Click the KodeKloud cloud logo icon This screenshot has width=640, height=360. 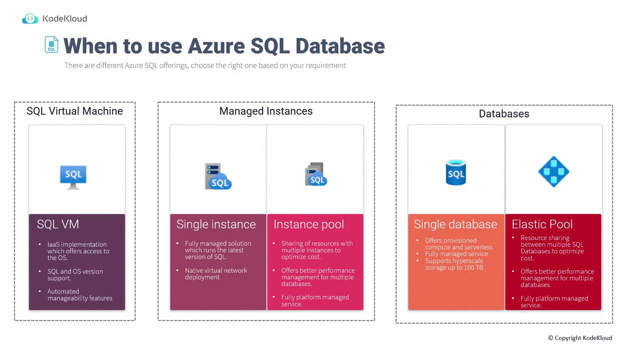point(30,18)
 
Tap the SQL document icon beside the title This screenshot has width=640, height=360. point(51,44)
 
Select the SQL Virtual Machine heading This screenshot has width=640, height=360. point(74,111)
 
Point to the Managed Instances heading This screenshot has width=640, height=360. point(265,111)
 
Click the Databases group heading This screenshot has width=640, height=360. point(504,113)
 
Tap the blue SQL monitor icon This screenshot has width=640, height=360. point(73,177)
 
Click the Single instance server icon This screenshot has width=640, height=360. point(218,176)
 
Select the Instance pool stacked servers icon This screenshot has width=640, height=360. point(315,174)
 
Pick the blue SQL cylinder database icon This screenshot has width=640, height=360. point(455,172)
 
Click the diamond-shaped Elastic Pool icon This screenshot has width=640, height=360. point(553,171)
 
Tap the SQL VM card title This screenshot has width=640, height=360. point(57,224)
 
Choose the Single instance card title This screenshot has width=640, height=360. point(216,224)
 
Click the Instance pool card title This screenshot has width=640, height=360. point(309,224)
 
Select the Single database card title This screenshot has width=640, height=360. point(455,224)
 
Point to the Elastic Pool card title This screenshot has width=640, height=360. point(542,224)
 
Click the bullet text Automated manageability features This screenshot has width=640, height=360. point(79,295)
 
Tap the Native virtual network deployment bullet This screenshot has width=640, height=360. point(215,273)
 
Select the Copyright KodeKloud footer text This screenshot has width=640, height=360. point(580,338)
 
